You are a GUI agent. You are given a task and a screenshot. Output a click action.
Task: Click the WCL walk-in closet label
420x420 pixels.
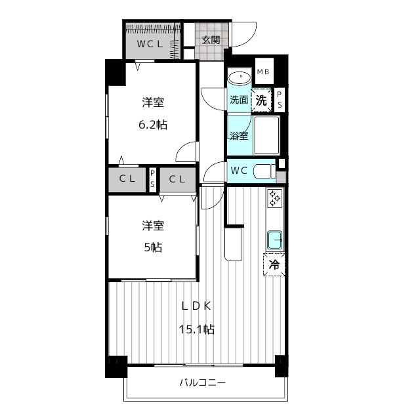pos(150,44)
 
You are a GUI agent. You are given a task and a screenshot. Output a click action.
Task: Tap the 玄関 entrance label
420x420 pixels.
pos(211,40)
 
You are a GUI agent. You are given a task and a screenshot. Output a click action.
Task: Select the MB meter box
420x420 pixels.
pos(264,72)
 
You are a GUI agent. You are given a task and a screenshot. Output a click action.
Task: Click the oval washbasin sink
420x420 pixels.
pos(240,78)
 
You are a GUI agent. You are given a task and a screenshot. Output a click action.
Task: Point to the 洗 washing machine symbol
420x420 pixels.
pos(261,100)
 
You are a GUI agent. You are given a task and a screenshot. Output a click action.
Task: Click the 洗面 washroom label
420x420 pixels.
pos(239,100)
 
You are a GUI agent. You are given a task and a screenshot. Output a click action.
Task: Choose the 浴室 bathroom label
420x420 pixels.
pos(239,136)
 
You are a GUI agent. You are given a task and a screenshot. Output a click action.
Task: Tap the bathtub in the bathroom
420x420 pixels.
pos(266,135)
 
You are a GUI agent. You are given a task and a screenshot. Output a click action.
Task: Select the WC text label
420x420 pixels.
pos(239,171)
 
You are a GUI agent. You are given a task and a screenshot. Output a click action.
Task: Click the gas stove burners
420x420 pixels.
pos(274,198)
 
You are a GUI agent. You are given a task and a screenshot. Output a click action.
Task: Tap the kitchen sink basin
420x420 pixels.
pos(274,240)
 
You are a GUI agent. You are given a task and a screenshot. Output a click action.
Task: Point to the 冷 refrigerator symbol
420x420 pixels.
pos(274,264)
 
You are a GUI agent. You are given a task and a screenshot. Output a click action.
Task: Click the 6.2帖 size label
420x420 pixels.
pos(153,125)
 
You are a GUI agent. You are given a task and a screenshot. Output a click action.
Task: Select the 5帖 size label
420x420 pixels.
pos(153,247)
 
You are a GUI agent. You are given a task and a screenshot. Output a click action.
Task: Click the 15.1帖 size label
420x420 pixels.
pos(196,329)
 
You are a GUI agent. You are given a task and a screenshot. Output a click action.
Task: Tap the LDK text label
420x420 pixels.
pos(196,306)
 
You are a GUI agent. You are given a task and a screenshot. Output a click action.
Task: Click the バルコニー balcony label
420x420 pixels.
pos(203,383)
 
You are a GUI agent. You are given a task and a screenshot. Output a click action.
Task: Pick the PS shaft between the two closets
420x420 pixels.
pos(152,179)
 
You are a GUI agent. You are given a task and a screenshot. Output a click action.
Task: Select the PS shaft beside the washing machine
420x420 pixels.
pos(280,100)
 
